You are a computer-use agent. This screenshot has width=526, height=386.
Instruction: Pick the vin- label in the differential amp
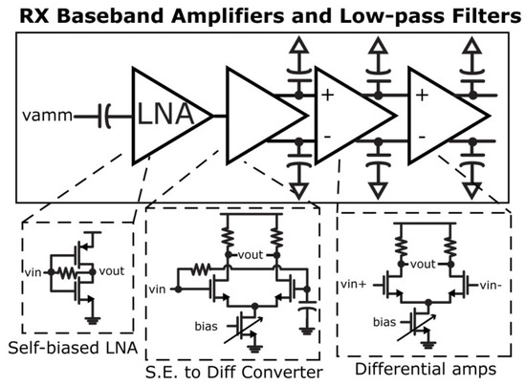pos(490,285)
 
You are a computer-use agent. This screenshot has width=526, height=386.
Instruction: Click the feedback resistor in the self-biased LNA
pos(64,272)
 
